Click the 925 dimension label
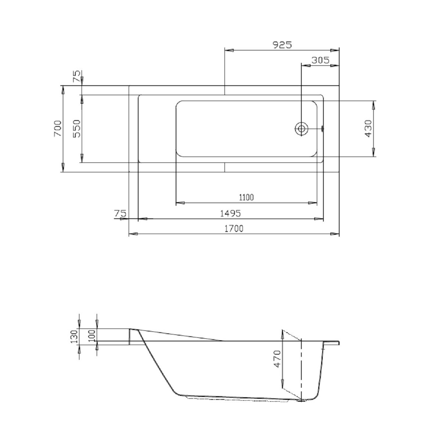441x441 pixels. (x=283, y=45)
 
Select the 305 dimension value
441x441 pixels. (x=320, y=60)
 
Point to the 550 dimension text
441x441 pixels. (x=77, y=129)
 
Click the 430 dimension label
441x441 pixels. (x=368, y=129)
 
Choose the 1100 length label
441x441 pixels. (x=247, y=197)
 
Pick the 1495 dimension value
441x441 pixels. (x=230, y=214)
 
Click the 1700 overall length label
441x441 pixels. (x=234, y=228)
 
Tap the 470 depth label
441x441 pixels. (x=277, y=359)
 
